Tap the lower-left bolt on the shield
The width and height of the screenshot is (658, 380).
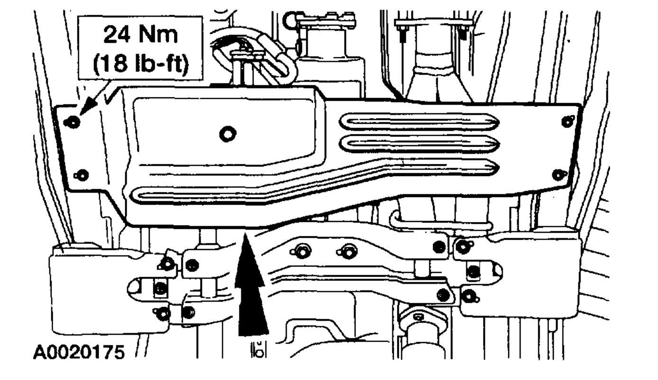(82, 174)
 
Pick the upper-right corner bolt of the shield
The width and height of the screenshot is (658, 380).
(566, 121)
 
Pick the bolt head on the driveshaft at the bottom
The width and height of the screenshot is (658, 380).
(417, 316)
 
